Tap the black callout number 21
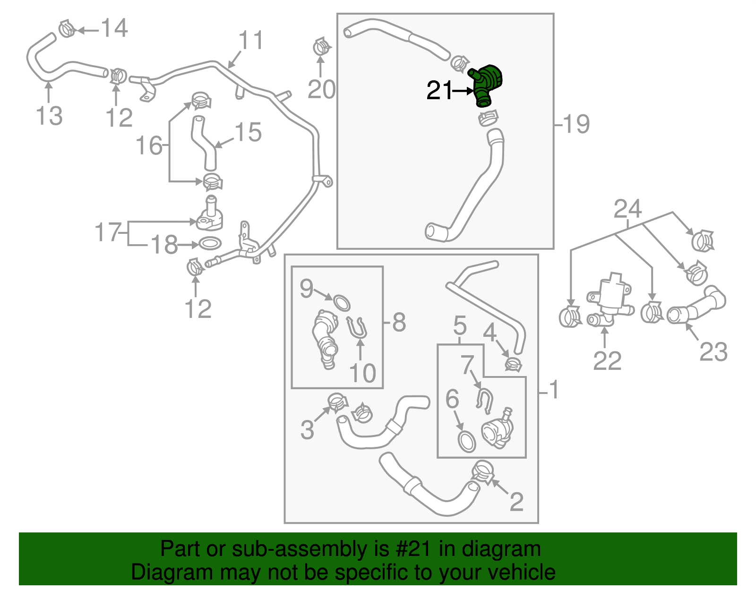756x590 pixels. pyautogui.click(x=439, y=90)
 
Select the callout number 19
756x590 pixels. pyautogui.click(x=576, y=124)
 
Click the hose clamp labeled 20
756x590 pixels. pyautogui.click(x=322, y=47)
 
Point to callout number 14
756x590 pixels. pyautogui.click(x=115, y=28)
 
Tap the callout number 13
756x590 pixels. pyautogui.click(x=49, y=116)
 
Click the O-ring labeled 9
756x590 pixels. pyautogui.click(x=342, y=302)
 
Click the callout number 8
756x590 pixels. pyautogui.click(x=399, y=323)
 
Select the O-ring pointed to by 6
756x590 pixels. pyautogui.click(x=467, y=440)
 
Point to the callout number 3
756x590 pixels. pyautogui.click(x=307, y=430)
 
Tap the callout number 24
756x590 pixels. pyautogui.click(x=627, y=208)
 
